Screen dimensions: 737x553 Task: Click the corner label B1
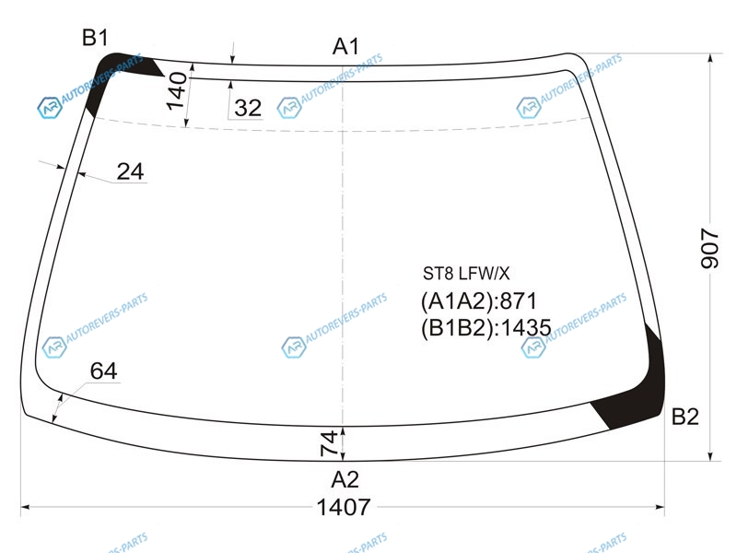[x=95, y=38]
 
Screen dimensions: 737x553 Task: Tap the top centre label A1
[x=345, y=47]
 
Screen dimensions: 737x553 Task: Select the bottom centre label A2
[x=345, y=479]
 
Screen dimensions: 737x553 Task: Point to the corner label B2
[x=684, y=417]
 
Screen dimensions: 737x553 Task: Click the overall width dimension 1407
[x=344, y=508]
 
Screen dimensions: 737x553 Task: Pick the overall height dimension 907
[x=709, y=248]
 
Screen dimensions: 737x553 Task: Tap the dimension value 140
[x=176, y=90]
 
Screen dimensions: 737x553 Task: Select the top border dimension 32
[x=248, y=108]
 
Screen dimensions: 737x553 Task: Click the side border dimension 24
[x=130, y=171]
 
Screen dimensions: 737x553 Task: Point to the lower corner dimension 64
[x=103, y=371]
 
